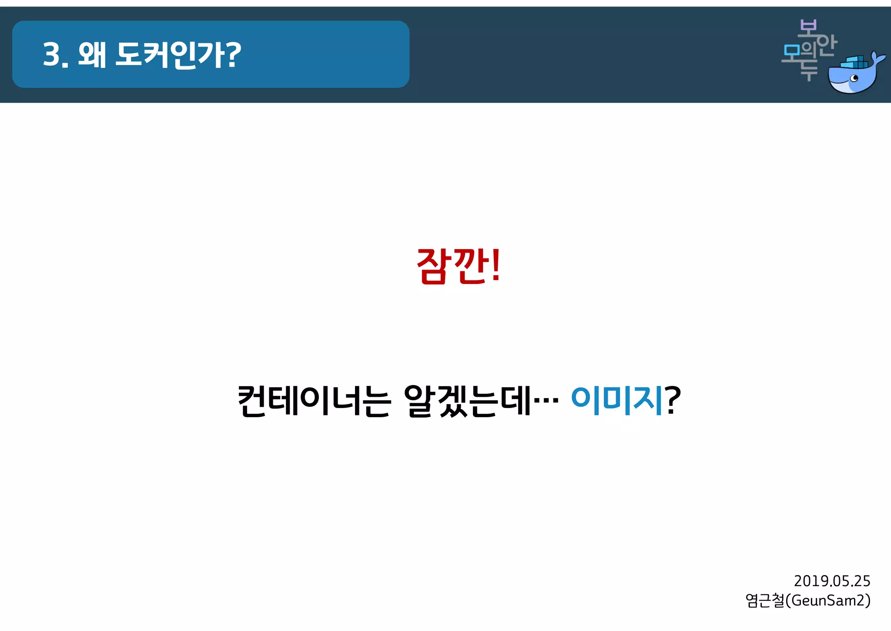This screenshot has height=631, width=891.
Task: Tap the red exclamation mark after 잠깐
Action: pyautogui.click(x=496, y=265)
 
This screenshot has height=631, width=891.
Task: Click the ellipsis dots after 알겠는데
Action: pyautogui.click(x=546, y=399)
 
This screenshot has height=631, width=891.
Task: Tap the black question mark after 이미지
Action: pyautogui.click(x=673, y=400)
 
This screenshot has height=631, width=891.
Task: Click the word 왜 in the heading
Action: pyautogui.click(x=92, y=55)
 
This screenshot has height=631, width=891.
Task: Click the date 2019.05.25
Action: pyautogui.click(x=831, y=581)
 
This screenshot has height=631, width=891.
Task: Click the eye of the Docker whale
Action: pyautogui.click(x=854, y=78)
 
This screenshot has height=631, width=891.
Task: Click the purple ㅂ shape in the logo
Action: pyautogui.click(x=807, y=27)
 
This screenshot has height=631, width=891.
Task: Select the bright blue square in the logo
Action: pyautogui.click(x=791, y=52)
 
